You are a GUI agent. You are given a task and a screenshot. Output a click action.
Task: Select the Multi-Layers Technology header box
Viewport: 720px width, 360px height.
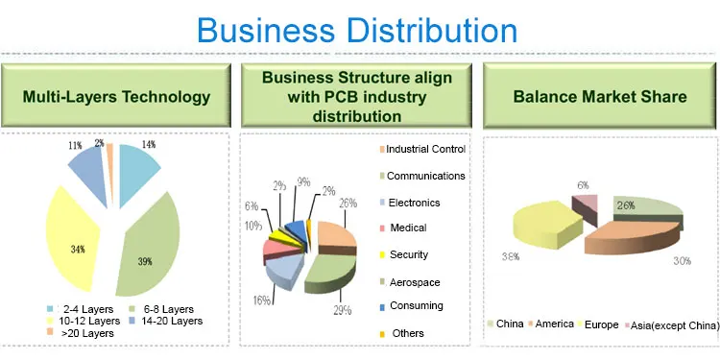pyautogui.click(x=116, y=96)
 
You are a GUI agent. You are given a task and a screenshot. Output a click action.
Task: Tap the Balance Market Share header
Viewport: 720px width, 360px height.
pyautogui.click(x=600, y=96)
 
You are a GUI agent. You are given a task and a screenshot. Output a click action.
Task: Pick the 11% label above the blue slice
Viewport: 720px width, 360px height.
pyautogui.click(x=74, y=145)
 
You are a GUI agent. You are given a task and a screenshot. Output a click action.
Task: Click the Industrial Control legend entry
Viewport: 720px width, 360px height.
pyautogui.click(x=423, y=150)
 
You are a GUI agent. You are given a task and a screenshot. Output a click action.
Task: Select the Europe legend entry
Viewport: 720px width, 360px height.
pyautogui.click(x=598, y=324)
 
